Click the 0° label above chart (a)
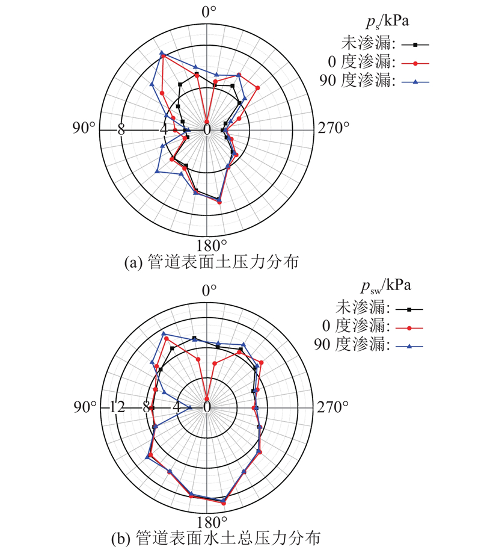coord(209,11)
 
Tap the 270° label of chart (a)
coord(333,128)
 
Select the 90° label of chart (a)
coord(84,128)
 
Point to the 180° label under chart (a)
coord(211,246)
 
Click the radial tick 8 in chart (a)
coord(121,130)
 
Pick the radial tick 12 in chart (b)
coord(117,407)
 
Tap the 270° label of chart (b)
coord(332,407)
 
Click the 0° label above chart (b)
coord(209,290)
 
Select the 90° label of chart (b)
coord(85,407)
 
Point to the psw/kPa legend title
coord(386,286)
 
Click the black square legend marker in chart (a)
coord(415,45)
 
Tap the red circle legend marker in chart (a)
coord(415,64)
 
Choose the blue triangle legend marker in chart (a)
coord(415,82)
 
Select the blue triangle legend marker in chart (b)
coord(409,347)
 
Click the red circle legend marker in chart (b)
coord(409,328)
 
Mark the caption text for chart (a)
coord(212,262)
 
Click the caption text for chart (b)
coord(216,539)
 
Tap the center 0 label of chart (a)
coord(207,130)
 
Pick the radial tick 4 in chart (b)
coord(177,407)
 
